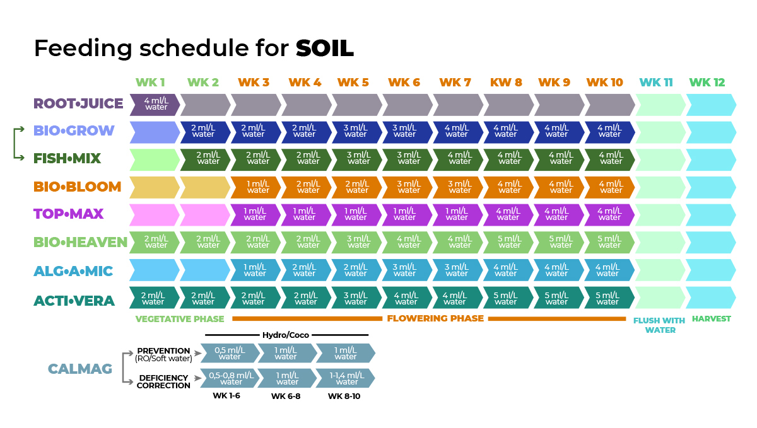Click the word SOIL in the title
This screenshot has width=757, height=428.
point(325,48)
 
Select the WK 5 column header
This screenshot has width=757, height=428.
point(353,83)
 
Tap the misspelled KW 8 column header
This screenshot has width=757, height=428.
point(506,83)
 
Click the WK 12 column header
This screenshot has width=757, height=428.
point(707,83)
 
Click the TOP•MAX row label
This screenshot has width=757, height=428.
point(68,214)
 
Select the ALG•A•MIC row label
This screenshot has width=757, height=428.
point(73,271)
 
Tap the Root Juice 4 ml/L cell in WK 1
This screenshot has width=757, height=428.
point(155,104)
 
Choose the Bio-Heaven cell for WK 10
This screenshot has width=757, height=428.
point(609,242)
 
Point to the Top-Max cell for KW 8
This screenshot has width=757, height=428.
point(507,214)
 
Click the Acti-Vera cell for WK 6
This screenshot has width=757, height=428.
point(407,298)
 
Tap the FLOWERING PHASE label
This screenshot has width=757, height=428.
point(435,318)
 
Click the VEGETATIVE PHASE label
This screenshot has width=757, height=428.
point(180,319)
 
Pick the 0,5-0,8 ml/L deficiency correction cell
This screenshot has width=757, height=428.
point(231,378)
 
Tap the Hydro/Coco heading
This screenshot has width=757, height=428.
point(286,335)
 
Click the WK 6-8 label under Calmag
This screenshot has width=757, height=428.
point(286,396)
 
